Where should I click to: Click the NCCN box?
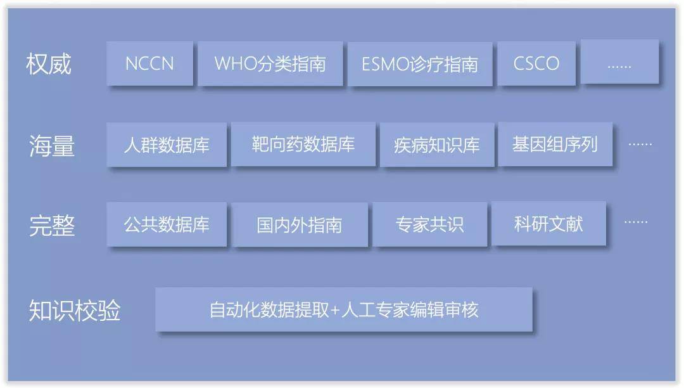point(149,64)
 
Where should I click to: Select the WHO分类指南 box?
point(270,64)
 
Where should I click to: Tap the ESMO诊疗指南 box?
point(420,64)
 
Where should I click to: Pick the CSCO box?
point(536,64)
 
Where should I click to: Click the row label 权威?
point(48,64)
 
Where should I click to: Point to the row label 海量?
point(51,145)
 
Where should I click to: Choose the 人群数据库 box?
point(167,145)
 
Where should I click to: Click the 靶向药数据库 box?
point(303,144)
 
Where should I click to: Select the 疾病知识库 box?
point(436,145)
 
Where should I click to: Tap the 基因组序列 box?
point(555,144)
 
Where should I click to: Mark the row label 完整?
point(52,226)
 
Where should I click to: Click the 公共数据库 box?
point(167,224)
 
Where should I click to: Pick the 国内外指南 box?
point(299,225)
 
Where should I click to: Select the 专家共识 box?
point(429,224)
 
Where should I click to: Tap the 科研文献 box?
point(548,223)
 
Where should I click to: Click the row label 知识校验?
point(75,310)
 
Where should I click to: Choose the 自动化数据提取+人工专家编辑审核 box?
point(344,309)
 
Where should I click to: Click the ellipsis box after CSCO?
point(619,61)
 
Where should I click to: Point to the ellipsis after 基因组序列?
point(640,144)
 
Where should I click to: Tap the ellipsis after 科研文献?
point(636,222)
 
